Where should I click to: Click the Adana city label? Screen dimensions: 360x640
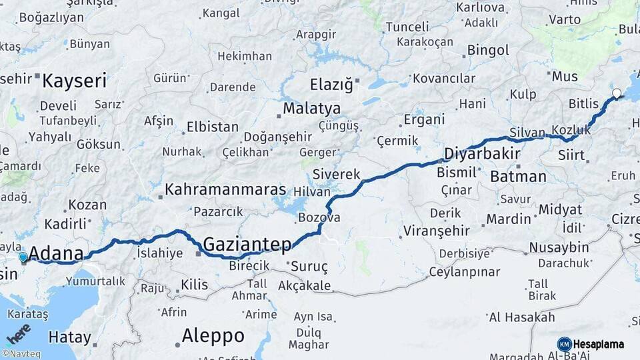click(x=57, y=253)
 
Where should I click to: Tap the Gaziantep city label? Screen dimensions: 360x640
click(x=247, y=245)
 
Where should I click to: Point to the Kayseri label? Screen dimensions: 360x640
click(x=74, y=81)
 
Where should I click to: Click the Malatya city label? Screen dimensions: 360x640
click(x=311, y=108)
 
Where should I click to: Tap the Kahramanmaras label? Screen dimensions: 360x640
click(x=225, y=189)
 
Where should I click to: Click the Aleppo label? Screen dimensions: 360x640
click(x=213, y=335)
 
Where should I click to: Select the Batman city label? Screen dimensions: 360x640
click(x=518, y=177)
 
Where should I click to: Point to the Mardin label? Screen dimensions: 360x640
click(x=508, y=219)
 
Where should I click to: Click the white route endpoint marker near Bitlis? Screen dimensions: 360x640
click(x=617, y=93)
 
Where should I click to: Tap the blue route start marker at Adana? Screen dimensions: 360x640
click(x=23, y=257)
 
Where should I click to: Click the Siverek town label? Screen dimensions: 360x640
click(x=338, y=175)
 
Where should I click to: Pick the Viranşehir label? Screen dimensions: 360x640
click(x=432, y=231)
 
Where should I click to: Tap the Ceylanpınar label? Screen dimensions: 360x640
click(x=464, y=271)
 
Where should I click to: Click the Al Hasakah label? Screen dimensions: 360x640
click(x=521, y=317)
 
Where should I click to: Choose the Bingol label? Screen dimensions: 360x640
click(x=488, y=50)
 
